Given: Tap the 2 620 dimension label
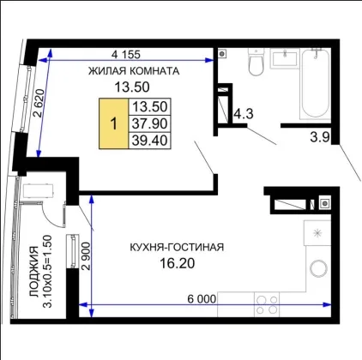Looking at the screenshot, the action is tap(39, 103).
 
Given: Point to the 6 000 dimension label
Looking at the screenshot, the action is tap(202, 299).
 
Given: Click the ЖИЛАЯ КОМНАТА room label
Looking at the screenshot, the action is tap(134, 71).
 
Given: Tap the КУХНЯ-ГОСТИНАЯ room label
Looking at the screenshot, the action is tap(177, 247).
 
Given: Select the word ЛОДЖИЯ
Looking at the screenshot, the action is tap(33, 272).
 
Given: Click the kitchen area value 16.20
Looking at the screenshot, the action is tap(177, 263).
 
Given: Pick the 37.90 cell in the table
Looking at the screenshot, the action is tap(150, 123).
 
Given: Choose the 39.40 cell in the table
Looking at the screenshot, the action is tap(150, 141).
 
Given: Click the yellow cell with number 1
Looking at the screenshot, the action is tap(114, 123).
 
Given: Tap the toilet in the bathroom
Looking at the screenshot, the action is tap(256, 62).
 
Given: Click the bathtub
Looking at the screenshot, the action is tap(316, 83).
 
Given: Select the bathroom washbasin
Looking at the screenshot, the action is tap(285, 58).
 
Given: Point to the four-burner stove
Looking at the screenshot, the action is tap(267, 304).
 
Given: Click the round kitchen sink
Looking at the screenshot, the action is tap(318, 268).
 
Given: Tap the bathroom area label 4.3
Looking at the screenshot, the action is tap(244, 114).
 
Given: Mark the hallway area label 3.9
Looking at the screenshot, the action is tap(320, 137).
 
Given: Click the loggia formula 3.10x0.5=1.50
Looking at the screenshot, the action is tap(47, 271).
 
